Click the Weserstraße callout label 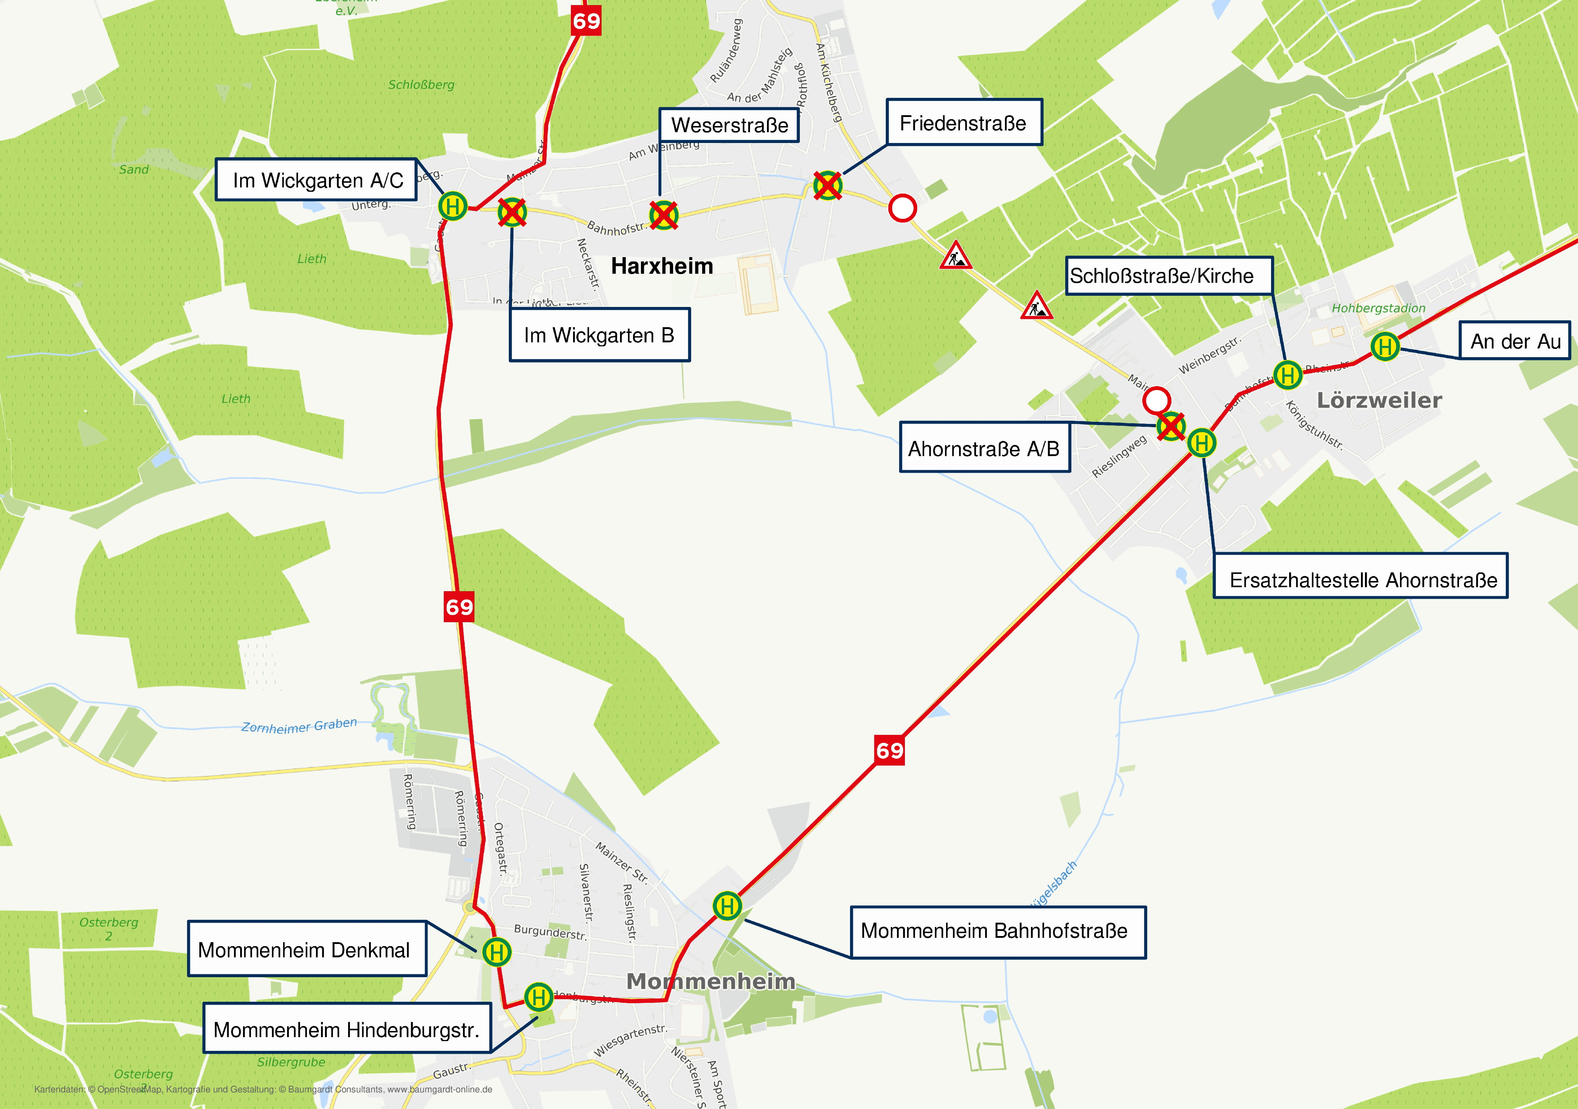(x=729, y=125)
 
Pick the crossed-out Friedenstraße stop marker (x=828, y=186)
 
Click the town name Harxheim (x=662, y=266)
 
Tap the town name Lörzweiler (x=1379, y=400)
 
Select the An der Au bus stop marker (x=1385, y=346)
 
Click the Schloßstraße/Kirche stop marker (x=1287, y=375)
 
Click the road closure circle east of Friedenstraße (x=902, y=208)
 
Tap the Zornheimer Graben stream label (x=299, y=725)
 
